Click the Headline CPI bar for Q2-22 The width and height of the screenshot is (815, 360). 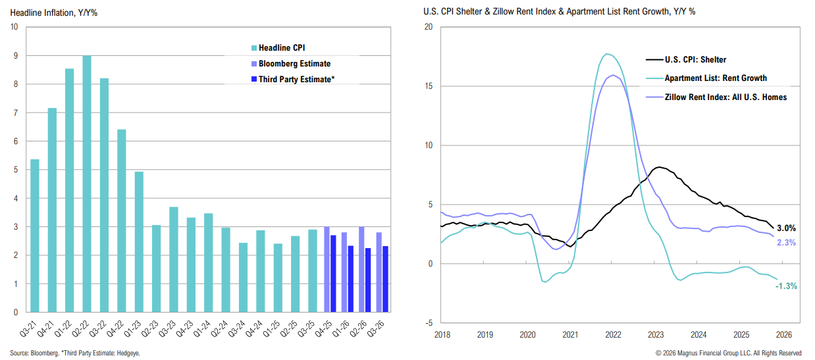(87, 184)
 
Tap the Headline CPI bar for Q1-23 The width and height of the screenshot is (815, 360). (139, 242)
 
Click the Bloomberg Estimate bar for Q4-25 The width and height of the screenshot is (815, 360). (327, 269)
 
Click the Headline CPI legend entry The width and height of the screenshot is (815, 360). (282, 48)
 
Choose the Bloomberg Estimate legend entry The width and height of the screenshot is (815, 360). (294, 64)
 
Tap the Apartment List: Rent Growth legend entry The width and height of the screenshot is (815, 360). (716, 78)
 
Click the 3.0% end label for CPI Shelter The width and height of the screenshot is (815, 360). (786, 228)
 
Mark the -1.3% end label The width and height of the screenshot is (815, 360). (786, 286)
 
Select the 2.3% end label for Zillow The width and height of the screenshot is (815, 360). (786, 243)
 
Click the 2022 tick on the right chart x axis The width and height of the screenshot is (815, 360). (613, 334)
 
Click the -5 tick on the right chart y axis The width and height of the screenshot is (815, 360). (428, 322)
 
